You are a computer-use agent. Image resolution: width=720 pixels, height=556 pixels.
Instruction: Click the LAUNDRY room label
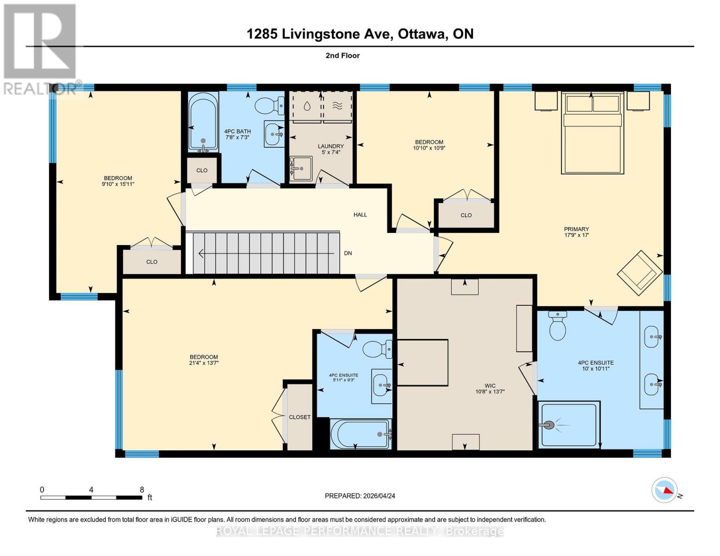(x=331, y=146)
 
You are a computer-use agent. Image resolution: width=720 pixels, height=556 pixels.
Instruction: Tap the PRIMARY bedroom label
(x=576, y=229)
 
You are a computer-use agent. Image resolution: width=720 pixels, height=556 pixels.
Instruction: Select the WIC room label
(x=490, y=385)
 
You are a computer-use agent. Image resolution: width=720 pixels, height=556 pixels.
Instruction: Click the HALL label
(x=360, y=215)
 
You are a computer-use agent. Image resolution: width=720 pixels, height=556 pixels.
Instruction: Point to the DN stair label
(x=348, y=253)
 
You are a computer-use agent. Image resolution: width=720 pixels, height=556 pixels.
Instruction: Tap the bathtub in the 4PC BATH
(x=203, y=121)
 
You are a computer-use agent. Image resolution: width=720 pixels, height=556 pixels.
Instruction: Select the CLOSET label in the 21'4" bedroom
(x=299, y=417)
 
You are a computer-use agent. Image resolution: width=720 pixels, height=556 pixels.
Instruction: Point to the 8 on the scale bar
(x=142, y=490)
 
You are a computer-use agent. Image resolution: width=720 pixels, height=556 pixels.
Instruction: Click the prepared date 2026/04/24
(x=379, y=496)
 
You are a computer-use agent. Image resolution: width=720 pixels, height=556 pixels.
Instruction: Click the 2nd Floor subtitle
(x=343, y=56)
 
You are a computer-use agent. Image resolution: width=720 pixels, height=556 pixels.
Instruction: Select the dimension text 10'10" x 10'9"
(x=429, y=148)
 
